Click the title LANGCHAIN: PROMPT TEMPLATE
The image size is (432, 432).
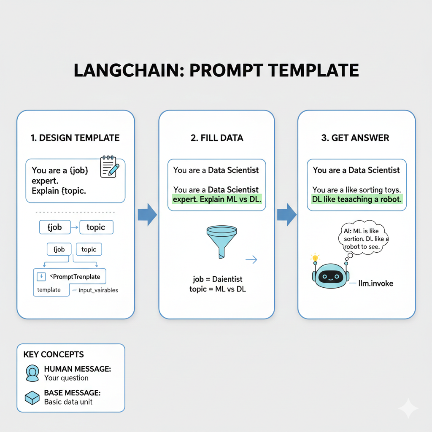tap(216, 70)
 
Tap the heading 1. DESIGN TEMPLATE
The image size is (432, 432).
tap(75, 138)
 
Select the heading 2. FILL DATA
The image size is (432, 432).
tap(217, 138)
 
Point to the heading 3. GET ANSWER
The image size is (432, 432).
tap(355, 138)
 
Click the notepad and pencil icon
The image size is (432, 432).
tap(109, 166)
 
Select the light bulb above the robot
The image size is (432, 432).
tap(314, 257)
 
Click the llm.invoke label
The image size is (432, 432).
tap(375, 283)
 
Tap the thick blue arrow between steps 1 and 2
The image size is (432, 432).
tap(147, 215)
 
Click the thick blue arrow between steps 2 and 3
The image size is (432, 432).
tap(287, 215)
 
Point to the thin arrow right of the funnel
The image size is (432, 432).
tap(251, 260)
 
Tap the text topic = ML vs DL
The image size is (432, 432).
tap(218, 289)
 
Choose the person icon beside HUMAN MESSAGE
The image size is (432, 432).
tap(32, 373)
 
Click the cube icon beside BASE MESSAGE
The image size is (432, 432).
tap(32, 397)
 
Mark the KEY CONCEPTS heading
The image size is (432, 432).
tap(54, 355)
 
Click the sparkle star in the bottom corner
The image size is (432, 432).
tap(408, 408)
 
